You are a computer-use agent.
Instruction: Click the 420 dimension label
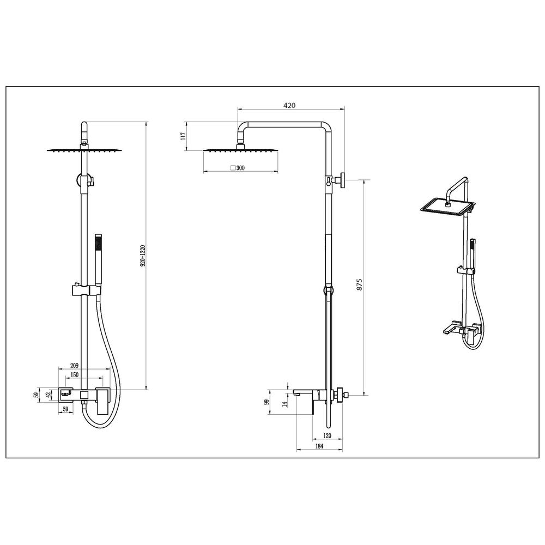click(x=289, y=105)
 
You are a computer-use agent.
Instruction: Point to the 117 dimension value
click(x=184, y=136)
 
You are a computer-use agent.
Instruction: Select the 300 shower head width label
click(x=240, y=168)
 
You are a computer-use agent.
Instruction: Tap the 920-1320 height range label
click(x=143, y=256)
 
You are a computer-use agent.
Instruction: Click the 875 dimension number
click(x=360, y=284)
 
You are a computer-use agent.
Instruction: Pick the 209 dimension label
click(x=74, y=365)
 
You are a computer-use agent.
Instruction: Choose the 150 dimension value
click(x=74, y=375)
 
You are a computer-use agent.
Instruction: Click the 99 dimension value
click(x=267, y=402)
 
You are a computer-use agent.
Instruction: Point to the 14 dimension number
click(x=284, y=404)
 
